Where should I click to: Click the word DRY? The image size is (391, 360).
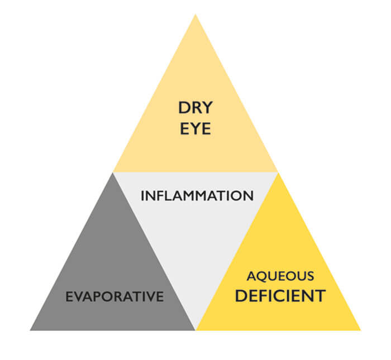(x=195, y=108)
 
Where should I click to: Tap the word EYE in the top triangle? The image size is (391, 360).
(x=195, y=129)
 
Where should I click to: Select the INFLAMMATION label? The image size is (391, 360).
(x=197, y=195)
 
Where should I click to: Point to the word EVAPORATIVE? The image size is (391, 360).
(x=115, y=297)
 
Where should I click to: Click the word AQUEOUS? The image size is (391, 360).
(x=280, y=276)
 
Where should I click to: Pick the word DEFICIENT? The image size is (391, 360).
(x=280, y=296)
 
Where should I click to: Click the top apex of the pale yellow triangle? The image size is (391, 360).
(x=195, y=14)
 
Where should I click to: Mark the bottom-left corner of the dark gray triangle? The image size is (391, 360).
(x=30, y=330)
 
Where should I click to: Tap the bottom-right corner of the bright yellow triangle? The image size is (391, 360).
(x=361, y=330)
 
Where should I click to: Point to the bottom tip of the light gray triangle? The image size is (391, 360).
(x=195, y=329)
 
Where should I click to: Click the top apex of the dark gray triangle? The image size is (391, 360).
(x=113, y=173)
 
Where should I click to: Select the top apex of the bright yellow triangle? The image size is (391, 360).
(x=278, y=173)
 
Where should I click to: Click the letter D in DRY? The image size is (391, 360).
(x=184, y=108)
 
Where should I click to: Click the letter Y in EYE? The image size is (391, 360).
(x=195, y=129)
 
